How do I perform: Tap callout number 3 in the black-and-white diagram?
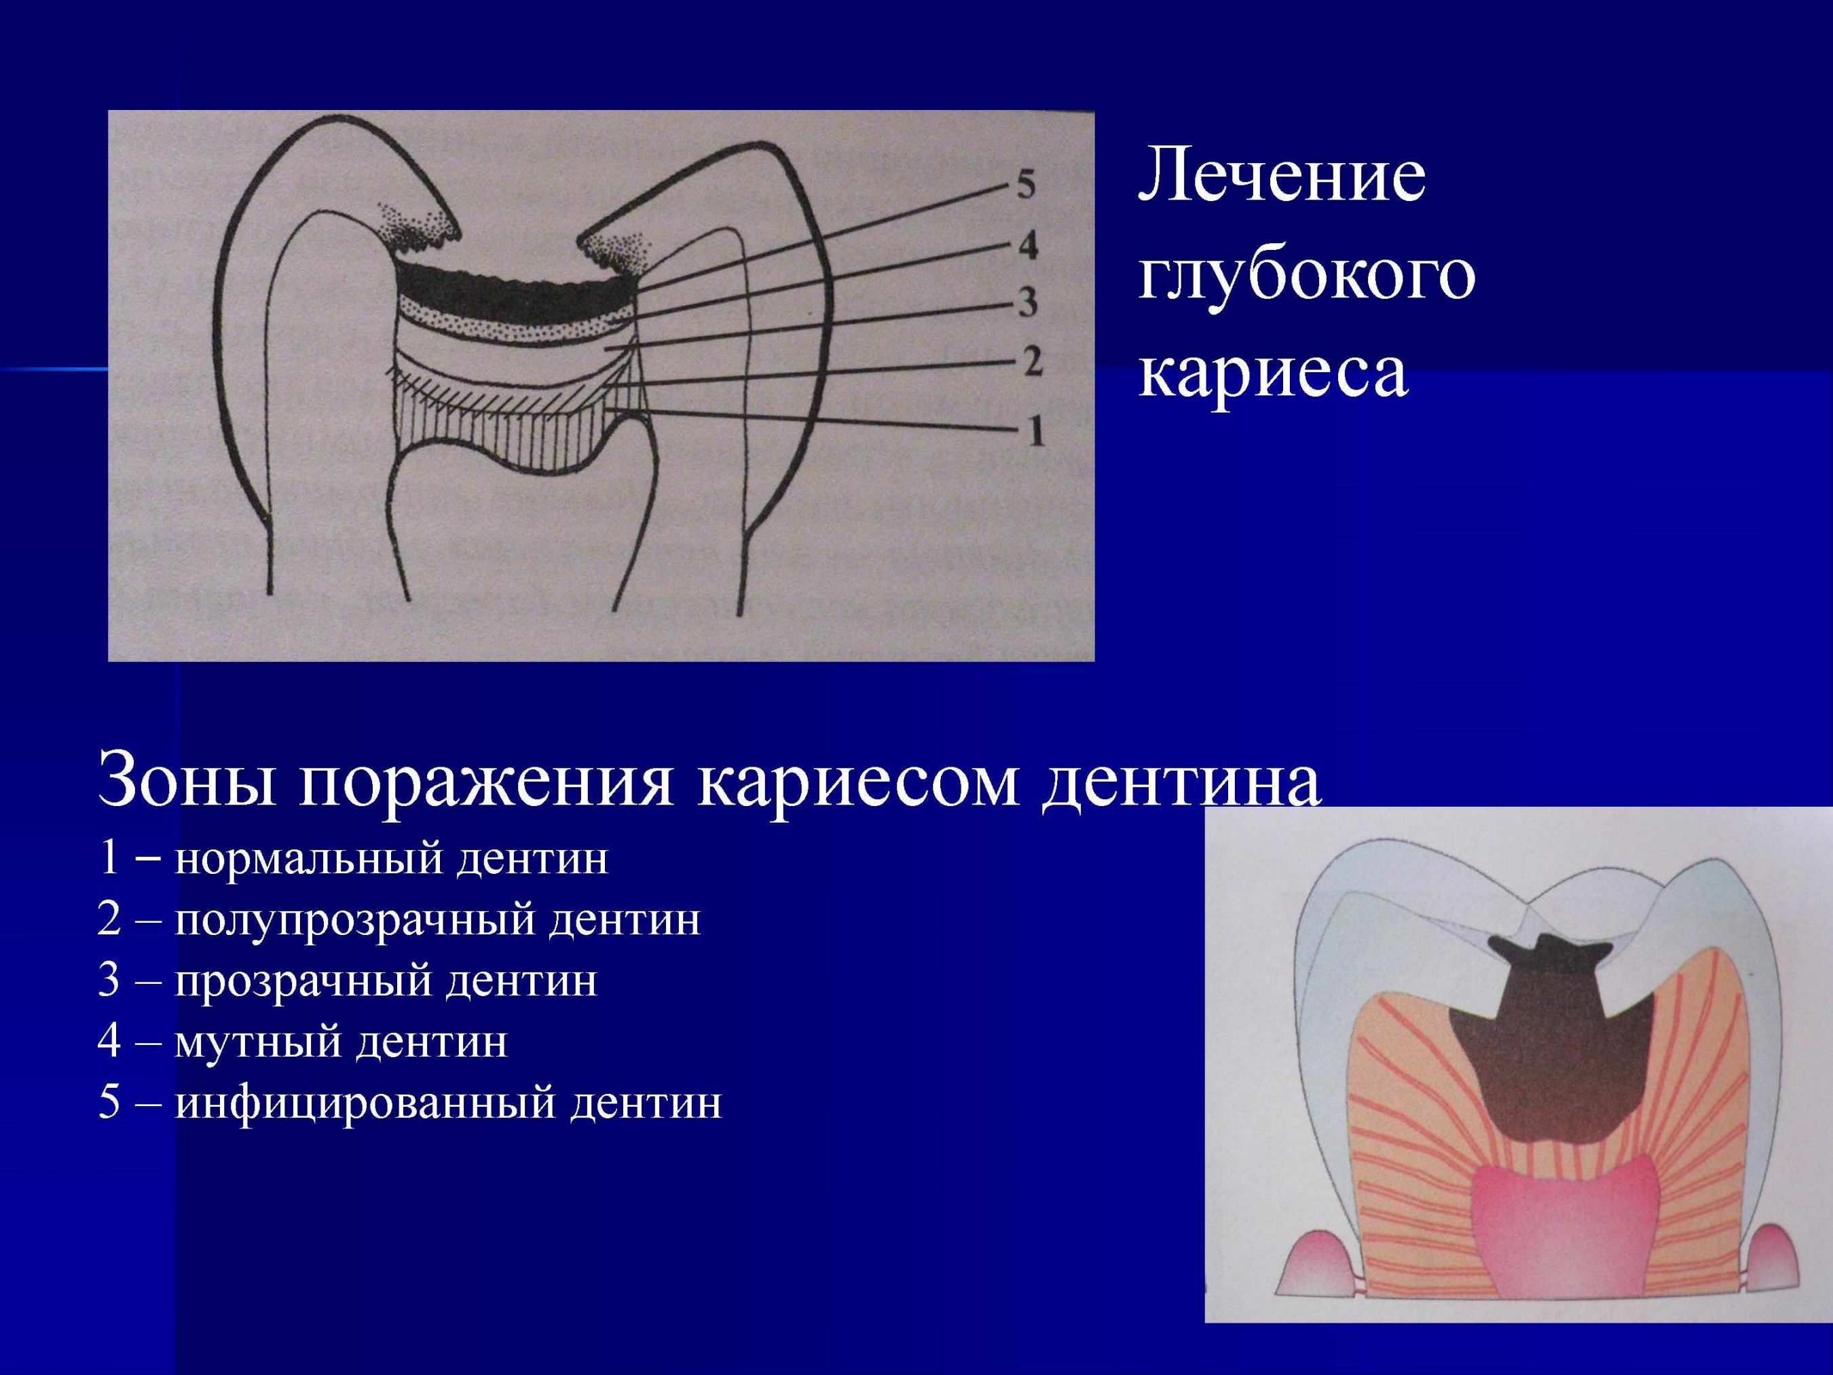pyautogui.click(x=1028, y=303)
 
